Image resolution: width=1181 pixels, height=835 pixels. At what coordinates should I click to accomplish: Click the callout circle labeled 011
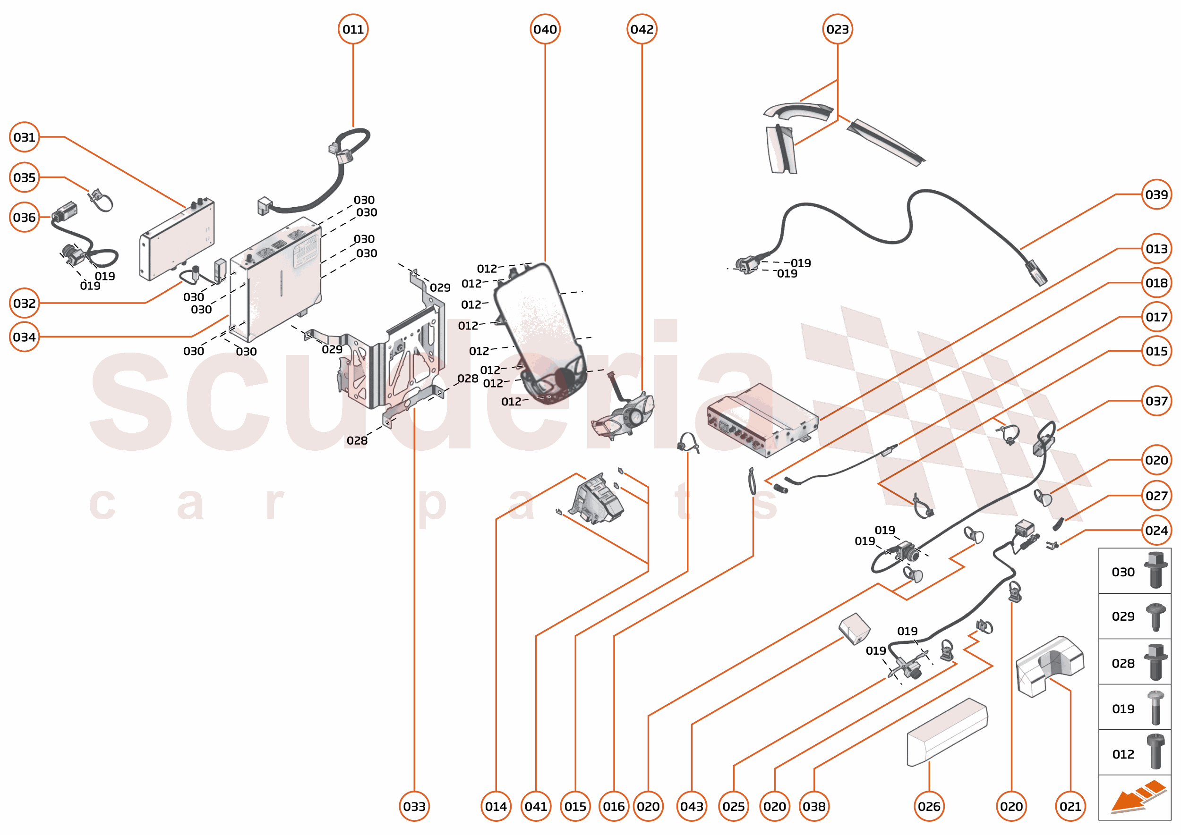353,29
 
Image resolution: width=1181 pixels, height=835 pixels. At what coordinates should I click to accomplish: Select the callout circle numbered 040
545,29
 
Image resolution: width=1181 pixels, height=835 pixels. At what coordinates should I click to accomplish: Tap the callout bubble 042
642,29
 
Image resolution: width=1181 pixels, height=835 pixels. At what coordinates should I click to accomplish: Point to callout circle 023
837,29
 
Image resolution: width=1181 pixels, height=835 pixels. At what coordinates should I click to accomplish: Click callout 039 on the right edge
1156,195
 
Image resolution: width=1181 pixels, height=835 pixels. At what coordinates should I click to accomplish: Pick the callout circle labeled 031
24,137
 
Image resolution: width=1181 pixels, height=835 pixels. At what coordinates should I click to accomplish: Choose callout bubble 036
24,218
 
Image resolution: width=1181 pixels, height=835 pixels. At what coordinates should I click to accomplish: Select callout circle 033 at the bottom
414,806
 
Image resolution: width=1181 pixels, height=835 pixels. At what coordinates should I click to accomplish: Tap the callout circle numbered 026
929,806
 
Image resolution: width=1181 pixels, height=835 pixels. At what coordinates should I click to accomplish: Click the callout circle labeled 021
1070,806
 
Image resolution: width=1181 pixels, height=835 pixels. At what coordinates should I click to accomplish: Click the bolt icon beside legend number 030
1155,570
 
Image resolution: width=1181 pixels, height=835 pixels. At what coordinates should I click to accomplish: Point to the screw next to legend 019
1155,708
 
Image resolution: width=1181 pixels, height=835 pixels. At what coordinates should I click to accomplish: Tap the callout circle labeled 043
692,806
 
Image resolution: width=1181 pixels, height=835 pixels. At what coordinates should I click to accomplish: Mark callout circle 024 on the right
1156,530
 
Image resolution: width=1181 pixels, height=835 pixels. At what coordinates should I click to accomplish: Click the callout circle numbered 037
1156,401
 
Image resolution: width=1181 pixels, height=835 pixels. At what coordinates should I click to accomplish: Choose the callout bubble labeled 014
496,806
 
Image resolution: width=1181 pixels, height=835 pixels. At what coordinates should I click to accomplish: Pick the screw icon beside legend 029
1155,616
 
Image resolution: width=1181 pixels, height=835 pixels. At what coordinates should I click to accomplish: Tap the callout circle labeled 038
813,806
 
